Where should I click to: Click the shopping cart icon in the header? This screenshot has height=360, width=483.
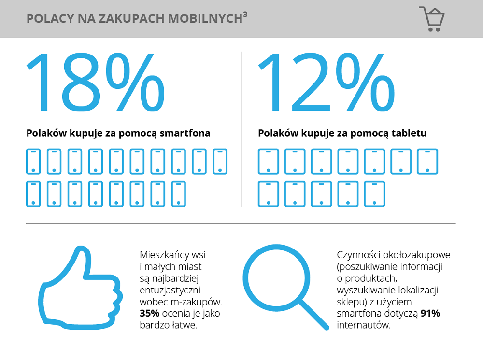[x=432, y=19]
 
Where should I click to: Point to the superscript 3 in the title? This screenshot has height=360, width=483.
[x=245, y=14]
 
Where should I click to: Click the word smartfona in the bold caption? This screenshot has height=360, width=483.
[x=187, y=133]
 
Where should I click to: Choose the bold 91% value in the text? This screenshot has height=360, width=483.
[x=430, y=314]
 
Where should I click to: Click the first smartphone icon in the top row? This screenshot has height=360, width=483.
[x=33, y=161]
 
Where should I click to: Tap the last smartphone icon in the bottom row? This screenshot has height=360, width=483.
[x=178, y=194]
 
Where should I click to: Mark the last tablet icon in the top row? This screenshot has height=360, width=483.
[x=427, y=161]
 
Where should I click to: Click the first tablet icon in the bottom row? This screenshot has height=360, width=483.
[x=268, y=194]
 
